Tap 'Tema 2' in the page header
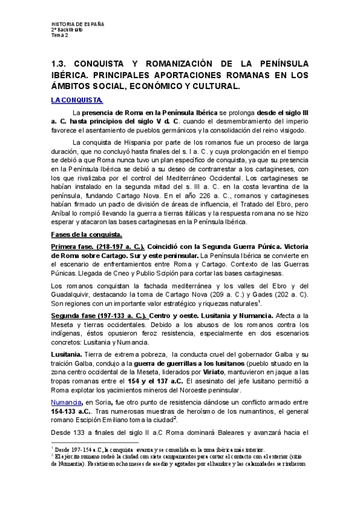click(x=59, y=35)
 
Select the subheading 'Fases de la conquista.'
click(x=87, y=234)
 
